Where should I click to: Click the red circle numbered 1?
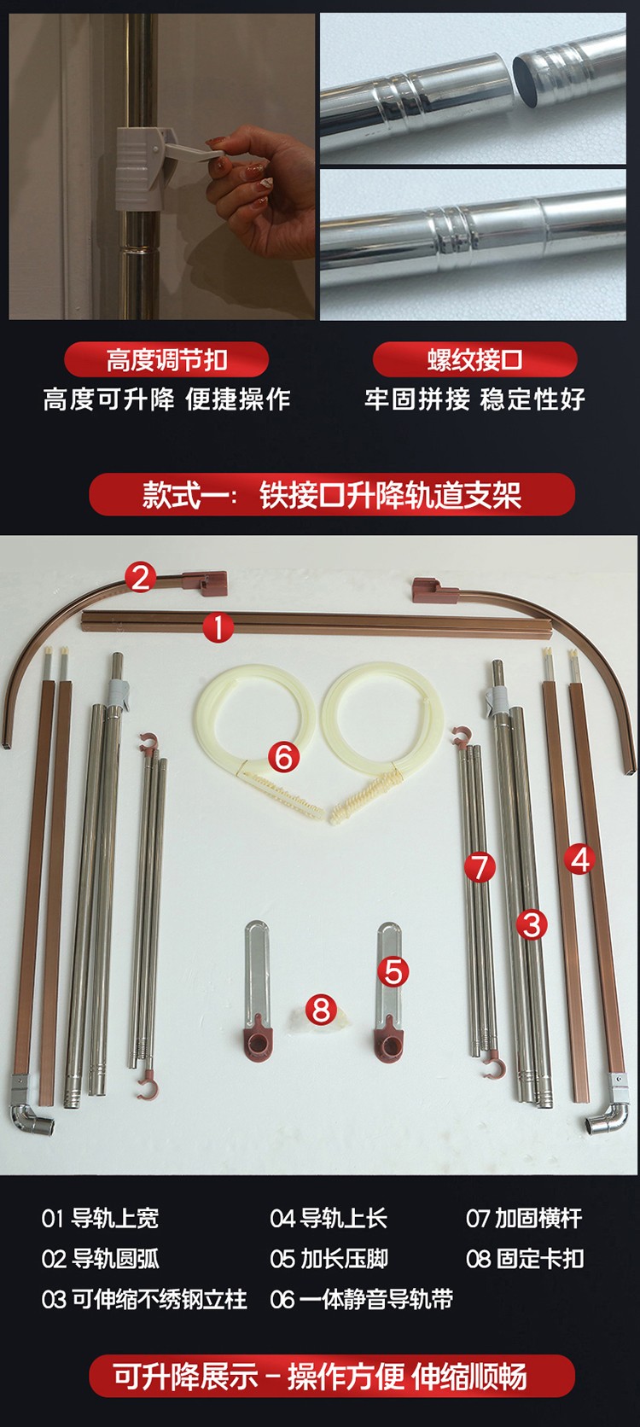tap(218, 628)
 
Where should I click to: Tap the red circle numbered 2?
tap(141, 578)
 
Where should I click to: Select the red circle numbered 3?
tap(532, 924)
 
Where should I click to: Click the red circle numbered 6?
tap(283, 758)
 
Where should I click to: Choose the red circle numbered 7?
tap(480, 867)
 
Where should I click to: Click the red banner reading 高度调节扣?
tap(166, 360)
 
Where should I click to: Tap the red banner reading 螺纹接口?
tap(474, 360)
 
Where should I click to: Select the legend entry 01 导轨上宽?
tap(100, 1218)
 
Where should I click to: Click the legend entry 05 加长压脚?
tap(329, 1259)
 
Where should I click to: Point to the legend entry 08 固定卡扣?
tap(525, 1259)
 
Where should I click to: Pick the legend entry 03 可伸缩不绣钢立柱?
tap(144, 1300)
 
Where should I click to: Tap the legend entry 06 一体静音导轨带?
tap(361, 1300)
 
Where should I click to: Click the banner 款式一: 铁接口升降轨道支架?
tap(332, 494)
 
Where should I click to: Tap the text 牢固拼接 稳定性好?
tap(474, 399)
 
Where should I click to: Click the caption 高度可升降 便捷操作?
tap(167, 399)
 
